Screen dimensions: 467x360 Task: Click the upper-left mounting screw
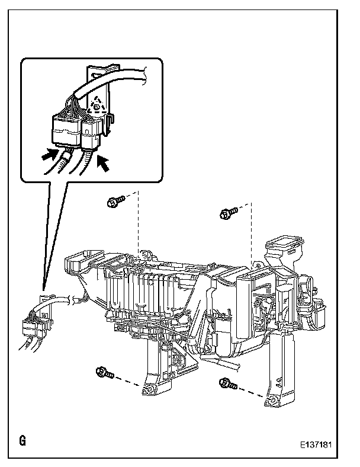point(115,203)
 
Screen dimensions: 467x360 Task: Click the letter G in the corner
point(22,441)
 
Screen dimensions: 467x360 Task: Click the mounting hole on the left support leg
point(148,390)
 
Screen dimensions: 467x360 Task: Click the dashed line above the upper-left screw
point(137,225)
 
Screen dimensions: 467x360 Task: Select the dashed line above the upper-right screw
point(252,231)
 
